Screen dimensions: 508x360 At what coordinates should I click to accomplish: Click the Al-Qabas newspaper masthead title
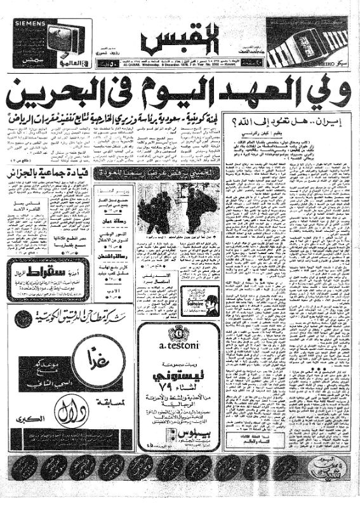pos(180,38)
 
